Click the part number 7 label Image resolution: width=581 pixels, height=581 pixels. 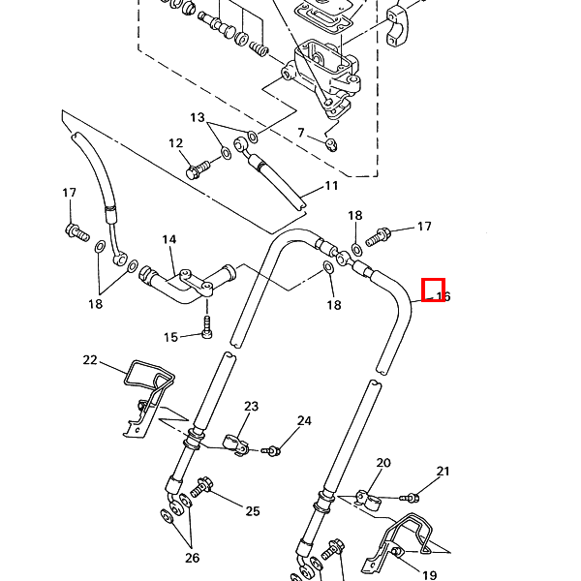(301, 133)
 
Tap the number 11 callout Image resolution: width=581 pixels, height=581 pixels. (331, 186)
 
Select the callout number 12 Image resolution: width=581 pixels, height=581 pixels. (175, 144)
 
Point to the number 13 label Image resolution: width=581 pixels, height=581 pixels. (198, 118)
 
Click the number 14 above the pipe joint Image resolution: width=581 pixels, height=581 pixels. (169, 239)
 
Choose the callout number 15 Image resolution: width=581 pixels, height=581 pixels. (170, 337)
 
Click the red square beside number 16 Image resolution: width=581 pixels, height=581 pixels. (433, 290)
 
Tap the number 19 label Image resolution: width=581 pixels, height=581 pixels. (429, 575)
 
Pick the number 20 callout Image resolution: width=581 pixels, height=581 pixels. (383, 463)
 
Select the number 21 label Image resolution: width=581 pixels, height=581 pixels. (443, 473)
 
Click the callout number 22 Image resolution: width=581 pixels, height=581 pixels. (90, 360)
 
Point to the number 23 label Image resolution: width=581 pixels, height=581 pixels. (251, 407)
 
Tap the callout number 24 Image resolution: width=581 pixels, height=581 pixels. (304, 421)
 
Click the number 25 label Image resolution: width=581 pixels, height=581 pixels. (253, 511)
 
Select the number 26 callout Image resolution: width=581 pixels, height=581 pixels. (192, 558)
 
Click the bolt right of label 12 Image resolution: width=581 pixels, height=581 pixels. (198, 171)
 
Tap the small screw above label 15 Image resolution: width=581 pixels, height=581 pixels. (206, 324)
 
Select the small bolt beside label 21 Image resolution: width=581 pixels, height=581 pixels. (411, 498)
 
